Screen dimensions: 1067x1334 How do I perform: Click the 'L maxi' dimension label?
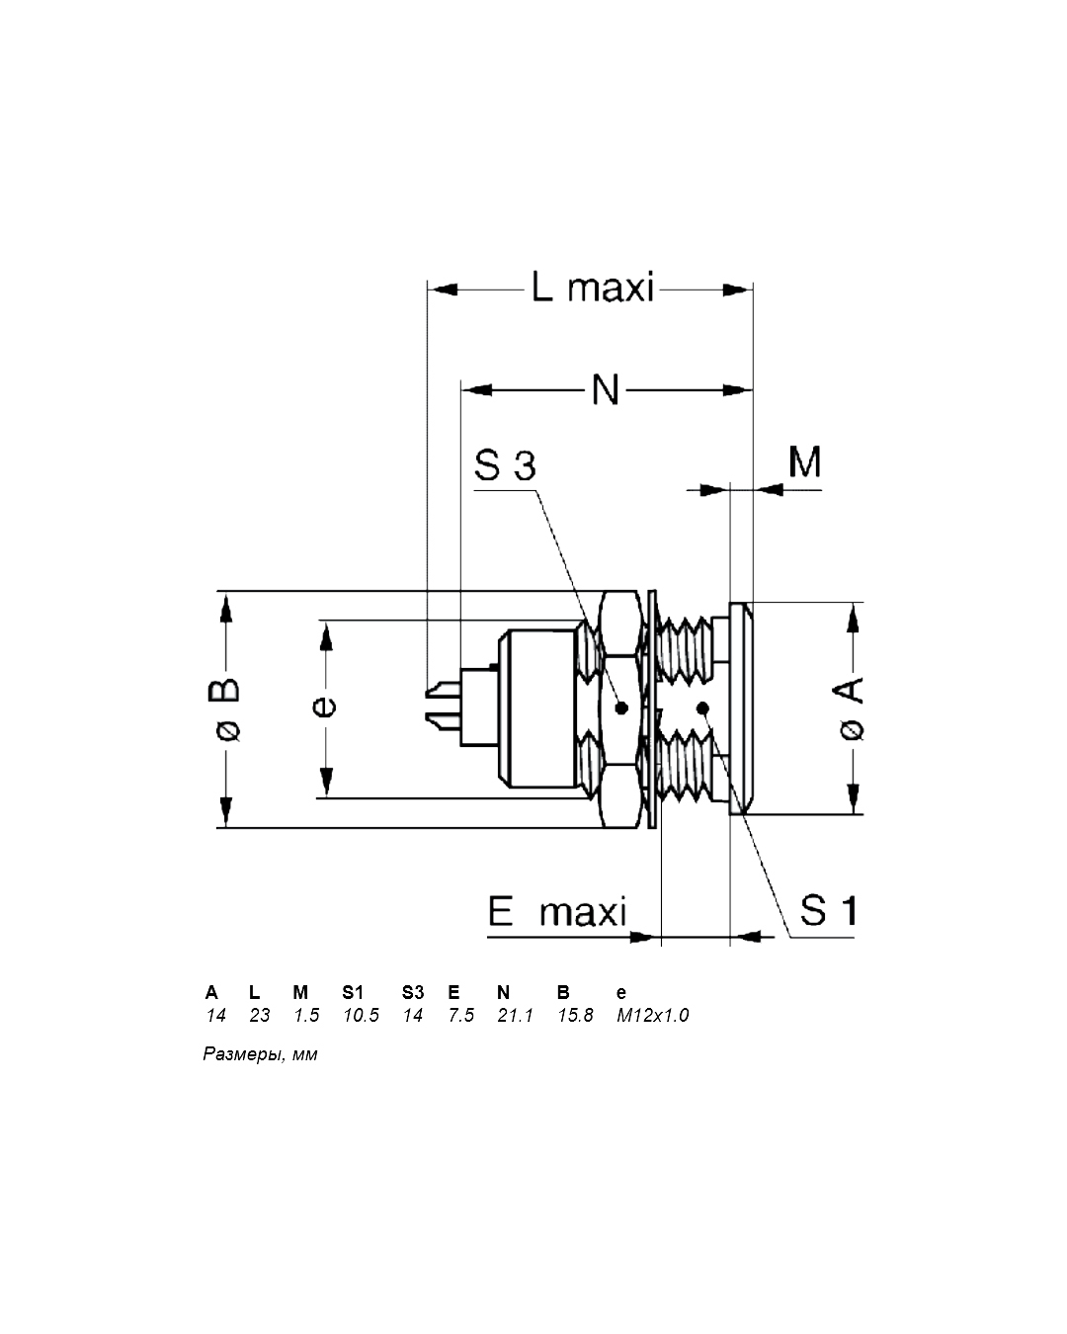click(592, 288)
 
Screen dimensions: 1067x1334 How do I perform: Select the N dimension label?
click(605, 389)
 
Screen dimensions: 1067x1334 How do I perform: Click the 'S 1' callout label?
click(828, 909)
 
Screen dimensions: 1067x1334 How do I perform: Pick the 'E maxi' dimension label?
click(557, 911)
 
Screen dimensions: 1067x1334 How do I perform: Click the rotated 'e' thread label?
click(324, 707)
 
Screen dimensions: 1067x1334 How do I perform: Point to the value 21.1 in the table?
click(515, 1015)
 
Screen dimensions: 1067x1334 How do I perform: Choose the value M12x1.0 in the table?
click(652, 1015)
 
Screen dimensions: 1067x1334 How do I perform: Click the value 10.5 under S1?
click(361, 1015)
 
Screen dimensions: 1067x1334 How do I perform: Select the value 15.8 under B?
click(575, 1015)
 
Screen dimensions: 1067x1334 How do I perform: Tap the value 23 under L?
click(260, 1015)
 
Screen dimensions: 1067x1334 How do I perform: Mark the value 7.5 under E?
click(461, 1015)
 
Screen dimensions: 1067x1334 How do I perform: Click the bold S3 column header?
click(413, 992)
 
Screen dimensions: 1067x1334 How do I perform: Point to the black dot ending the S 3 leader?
click(621, 708)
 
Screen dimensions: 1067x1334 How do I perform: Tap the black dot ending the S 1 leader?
click(702, 708)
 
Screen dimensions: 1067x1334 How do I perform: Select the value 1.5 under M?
click(306, 1015)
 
